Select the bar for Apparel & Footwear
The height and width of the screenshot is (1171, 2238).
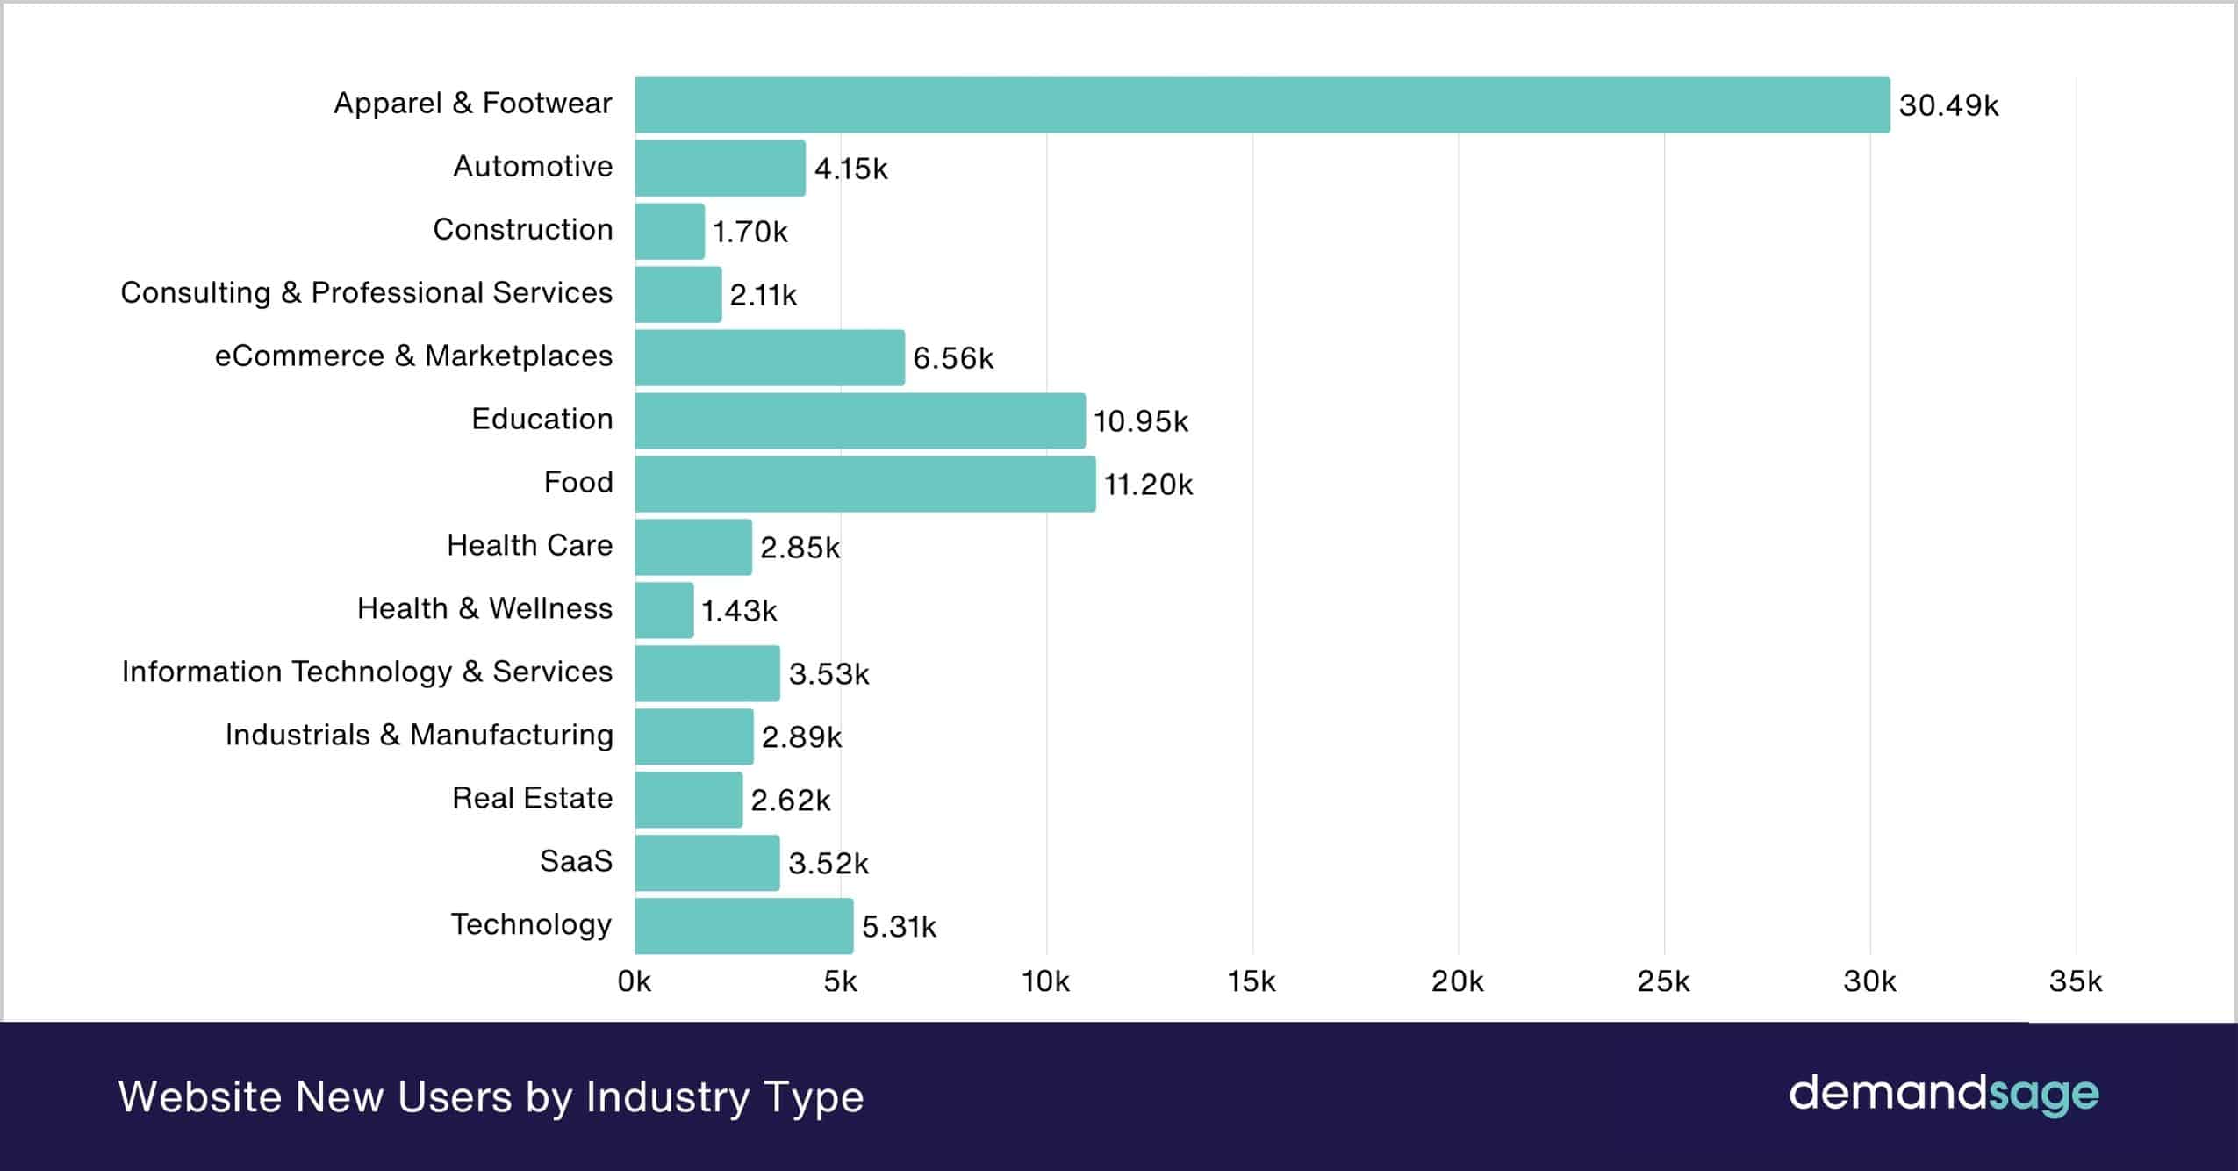[x=1262, y=105]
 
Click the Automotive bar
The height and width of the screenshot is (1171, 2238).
[x=720, y=169]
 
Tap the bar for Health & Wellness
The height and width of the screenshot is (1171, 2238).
[x=664, y=610]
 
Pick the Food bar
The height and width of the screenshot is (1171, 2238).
[x=864, y=484]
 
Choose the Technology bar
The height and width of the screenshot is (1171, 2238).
[x=743, y=926]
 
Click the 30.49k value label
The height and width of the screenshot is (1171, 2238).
[x=1948, y=105]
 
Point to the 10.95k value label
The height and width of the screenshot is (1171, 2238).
[x=1140, y=421]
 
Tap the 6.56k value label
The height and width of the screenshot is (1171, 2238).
[x=953, y=358]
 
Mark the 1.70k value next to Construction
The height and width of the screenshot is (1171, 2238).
[x=750, y=232]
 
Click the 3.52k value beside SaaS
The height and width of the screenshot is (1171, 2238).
[x=828, y=864]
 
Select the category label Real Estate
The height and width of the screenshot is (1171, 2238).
[x=532, y=798]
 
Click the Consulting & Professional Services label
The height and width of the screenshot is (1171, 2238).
[x=366, y=292]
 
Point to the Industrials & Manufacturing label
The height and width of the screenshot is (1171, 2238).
[x=419, y=735]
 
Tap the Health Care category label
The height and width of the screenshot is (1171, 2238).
[x=529, y=545]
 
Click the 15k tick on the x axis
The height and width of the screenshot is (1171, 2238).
[x=1252, y=981]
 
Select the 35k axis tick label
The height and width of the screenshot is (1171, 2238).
[x=2075, y=981]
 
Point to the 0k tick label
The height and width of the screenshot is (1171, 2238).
[x=635, y=981]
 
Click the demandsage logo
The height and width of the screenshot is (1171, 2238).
[x=1943, y=1095]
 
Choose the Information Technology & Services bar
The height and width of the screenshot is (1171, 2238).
[x=707, y=673]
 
